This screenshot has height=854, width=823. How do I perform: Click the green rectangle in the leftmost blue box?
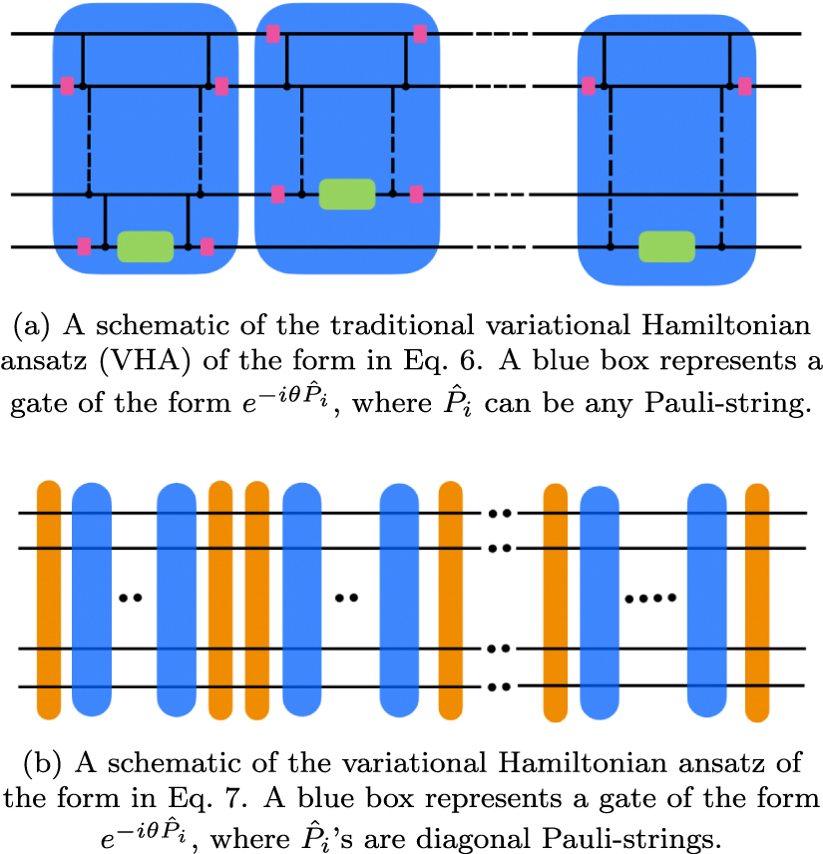(146, 245)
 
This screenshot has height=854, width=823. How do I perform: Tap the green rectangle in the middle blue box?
(347, 195)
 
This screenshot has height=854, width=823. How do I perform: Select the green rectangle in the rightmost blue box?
(666, 245)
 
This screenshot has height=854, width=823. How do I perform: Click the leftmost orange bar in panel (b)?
(50, 600)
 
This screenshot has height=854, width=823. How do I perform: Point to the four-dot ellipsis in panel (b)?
(650, 599)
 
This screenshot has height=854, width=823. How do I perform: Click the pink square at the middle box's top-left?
(273, 33)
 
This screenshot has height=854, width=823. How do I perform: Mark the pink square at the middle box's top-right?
(420, 34)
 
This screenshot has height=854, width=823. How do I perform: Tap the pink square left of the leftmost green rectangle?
(85, 245)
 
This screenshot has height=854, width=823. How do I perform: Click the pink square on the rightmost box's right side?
(745, 87)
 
